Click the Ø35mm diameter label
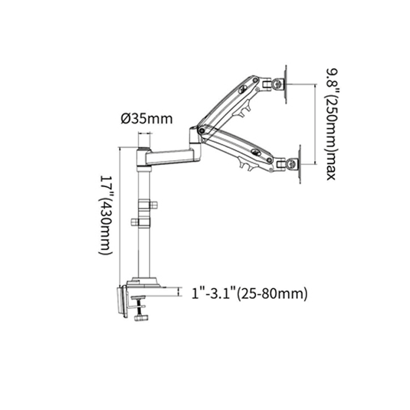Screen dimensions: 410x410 tap(147, 119)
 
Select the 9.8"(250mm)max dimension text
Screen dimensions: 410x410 tap(330, 123)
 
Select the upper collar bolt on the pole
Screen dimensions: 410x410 tap(153, 205)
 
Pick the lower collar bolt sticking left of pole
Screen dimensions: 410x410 tap(135, 222)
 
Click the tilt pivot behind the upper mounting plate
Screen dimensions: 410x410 tap(276, 85)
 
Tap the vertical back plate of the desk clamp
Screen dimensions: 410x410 tap(121, 301)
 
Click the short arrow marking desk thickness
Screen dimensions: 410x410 tap(179, 291)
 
